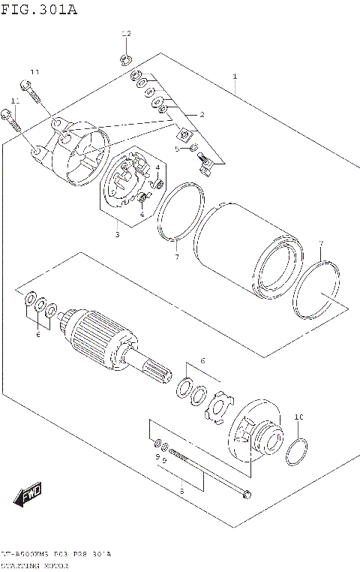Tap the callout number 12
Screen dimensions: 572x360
coord(126,35)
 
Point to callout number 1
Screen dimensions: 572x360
coord(235,77)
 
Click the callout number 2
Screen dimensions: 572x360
coord(202,114)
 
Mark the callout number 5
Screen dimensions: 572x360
coord(178,149)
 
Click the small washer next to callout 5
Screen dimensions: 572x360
coord(193,147)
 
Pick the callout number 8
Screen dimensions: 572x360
coord(181,490)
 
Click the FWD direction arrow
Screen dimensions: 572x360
coord(28,495)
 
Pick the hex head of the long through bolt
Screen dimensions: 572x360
coord(247,493)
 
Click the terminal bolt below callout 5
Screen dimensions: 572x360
coord(205,161)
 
